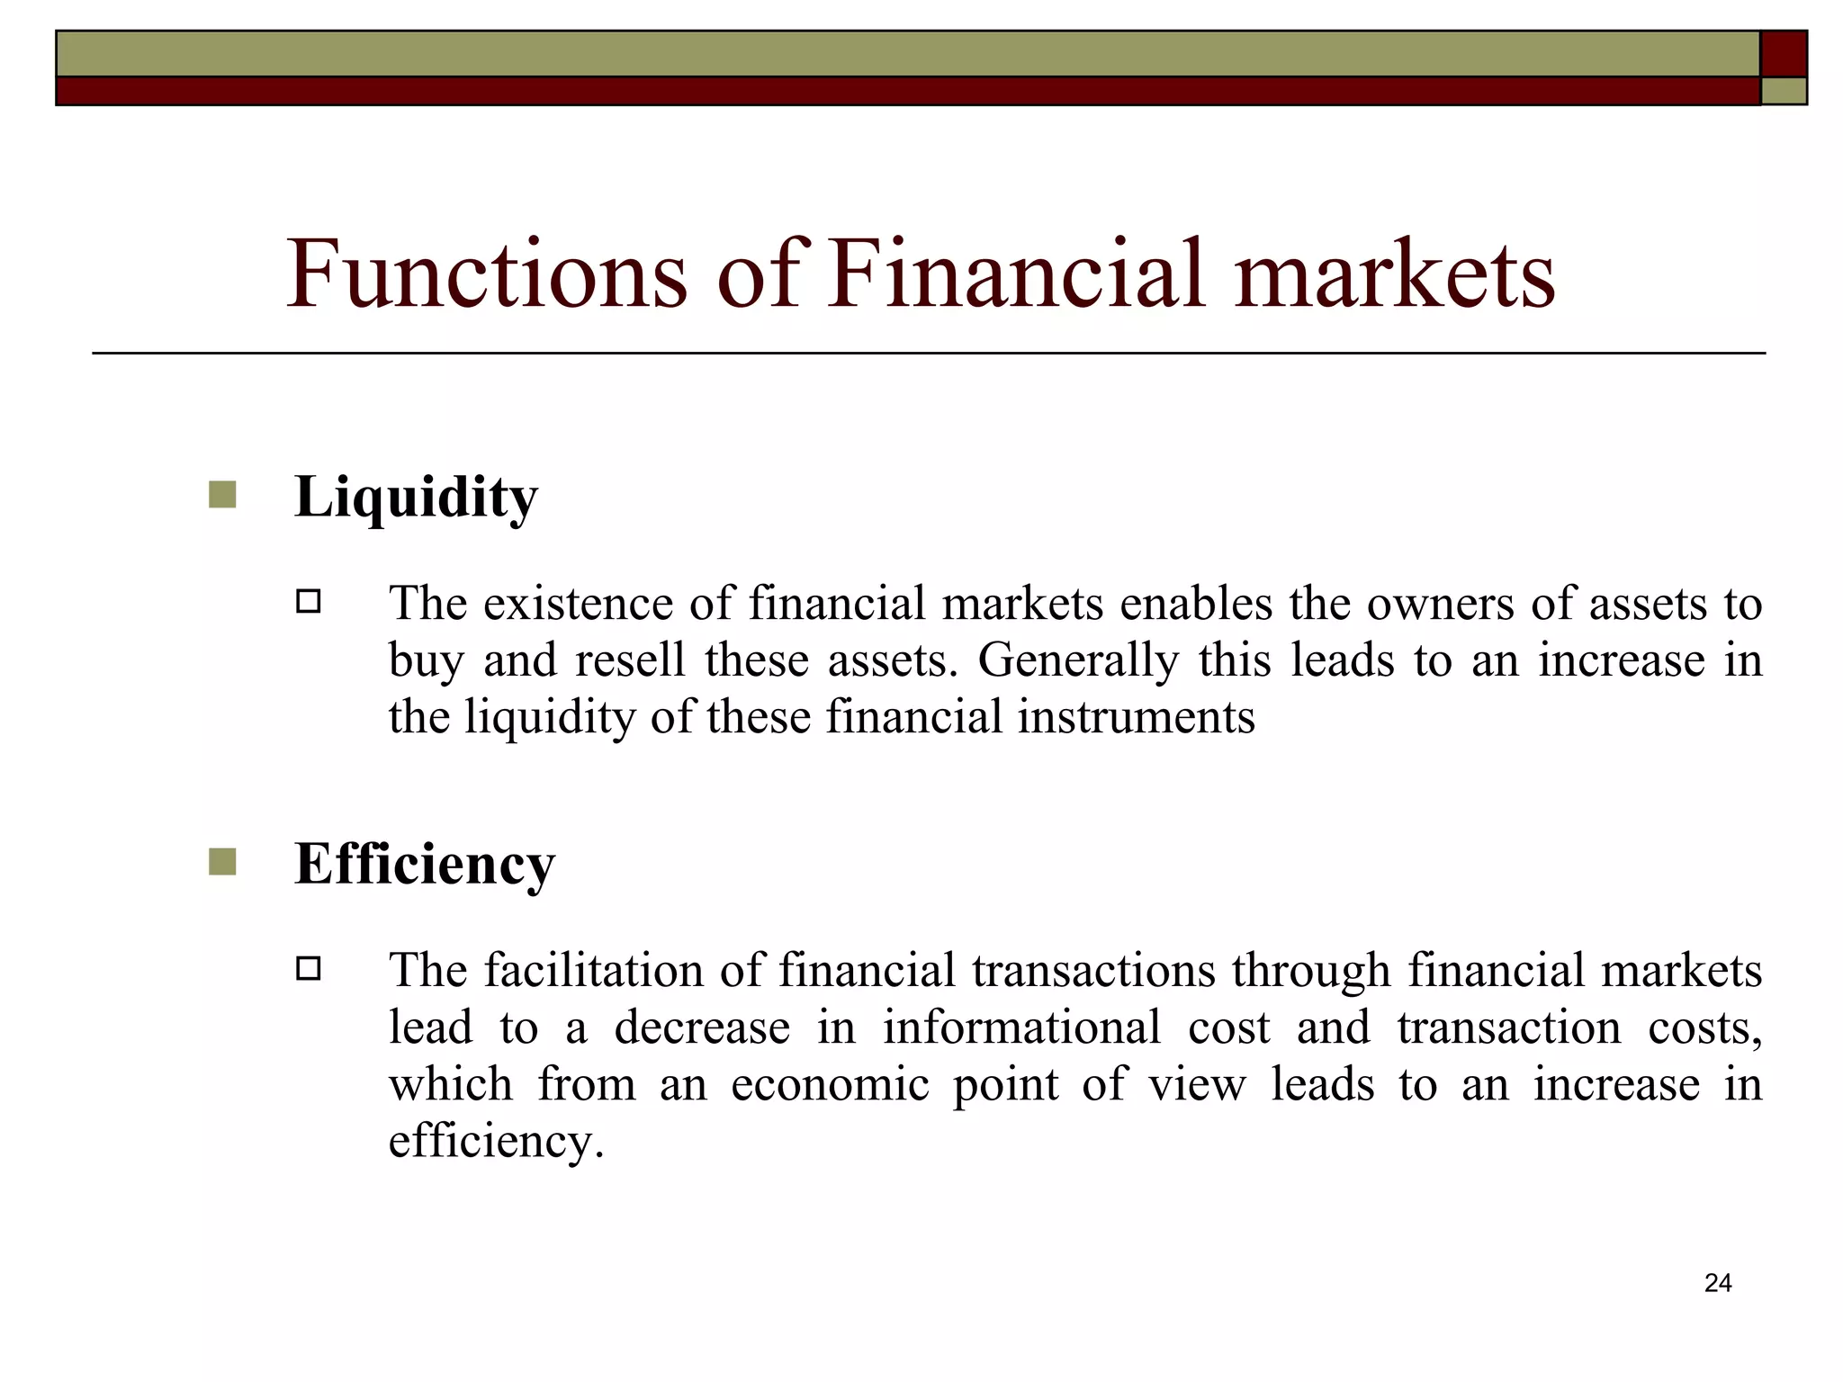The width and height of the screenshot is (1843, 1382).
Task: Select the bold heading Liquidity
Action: coord(416,498)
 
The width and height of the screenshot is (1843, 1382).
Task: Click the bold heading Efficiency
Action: coord(425,865)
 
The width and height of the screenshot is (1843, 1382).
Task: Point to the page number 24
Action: coord(1718,1283)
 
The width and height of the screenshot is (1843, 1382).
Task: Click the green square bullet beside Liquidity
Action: coord(222,495)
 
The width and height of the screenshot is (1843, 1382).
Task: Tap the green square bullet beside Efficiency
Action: coord(222,862)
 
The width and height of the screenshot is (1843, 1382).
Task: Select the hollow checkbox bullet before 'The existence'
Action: coord(309,601)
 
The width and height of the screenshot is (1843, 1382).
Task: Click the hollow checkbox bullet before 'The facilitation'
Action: coord(309,968)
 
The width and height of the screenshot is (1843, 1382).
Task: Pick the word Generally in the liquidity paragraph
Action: coord(1077,661)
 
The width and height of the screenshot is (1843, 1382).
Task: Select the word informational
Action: coord(1021,1028)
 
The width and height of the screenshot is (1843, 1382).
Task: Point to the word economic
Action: coord(830,1085)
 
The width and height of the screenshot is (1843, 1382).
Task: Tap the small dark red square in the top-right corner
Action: coord(1784,54)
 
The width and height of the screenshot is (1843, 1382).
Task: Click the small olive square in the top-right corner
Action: coord(1784,91)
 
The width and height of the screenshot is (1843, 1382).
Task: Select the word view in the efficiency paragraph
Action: coord(1197,1085)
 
